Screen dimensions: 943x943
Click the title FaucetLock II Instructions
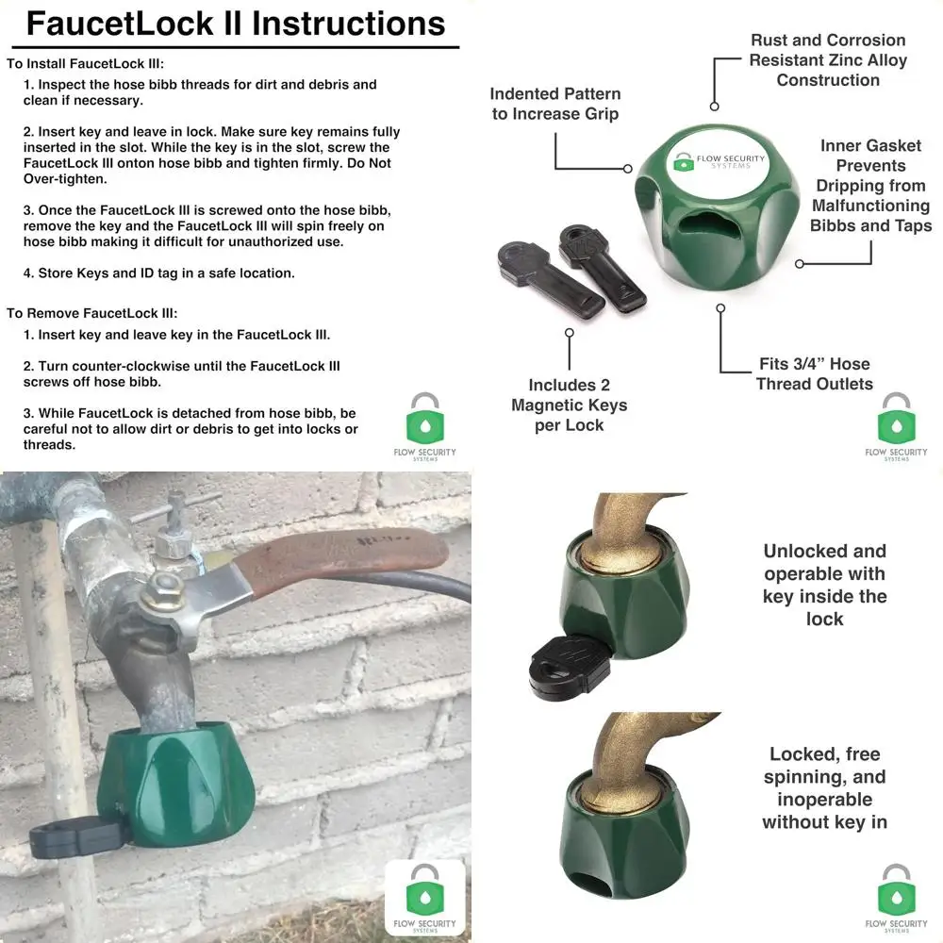pyautogui.click(x=236, y=24)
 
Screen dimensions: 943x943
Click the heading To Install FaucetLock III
pyautogui.click(x=85, y=64)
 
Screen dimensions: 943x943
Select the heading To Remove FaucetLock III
pyautogui.click(x=91, y=313)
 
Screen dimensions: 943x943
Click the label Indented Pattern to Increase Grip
pyautogui.click(x=554, y=104)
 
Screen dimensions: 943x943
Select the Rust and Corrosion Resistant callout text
pyautogui.click(x=828, y=59)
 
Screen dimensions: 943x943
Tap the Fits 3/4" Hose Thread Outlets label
pyautogui.click(x=814, y=373)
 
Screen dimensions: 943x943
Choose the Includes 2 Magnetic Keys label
pyautogui.click(x=569, y=405)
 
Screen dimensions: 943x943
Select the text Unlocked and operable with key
pyautogui.click(x=824, y=585)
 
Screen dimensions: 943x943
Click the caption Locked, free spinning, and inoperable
pyautogui.click(x=824, y=787)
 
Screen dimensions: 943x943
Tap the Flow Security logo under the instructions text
pyautogui.click(x=424, y=424)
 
